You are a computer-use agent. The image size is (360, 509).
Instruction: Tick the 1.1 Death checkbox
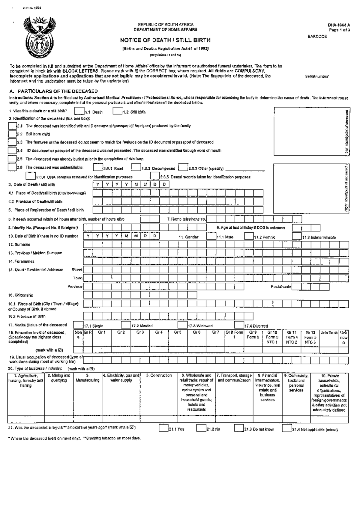pos(79,112)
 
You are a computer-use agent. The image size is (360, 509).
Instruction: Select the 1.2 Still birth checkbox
pos(117,112)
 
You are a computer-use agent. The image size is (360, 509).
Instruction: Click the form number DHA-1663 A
pos(339,25)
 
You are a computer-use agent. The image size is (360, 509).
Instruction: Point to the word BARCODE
pos(317,37)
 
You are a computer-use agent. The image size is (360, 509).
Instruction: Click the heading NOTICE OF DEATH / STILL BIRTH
pos(165,40)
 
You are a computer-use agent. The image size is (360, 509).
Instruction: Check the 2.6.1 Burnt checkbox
pos(98,167)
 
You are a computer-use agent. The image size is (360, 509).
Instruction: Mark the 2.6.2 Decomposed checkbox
pos(136,167)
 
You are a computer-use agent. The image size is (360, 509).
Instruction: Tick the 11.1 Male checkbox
pos(211,236)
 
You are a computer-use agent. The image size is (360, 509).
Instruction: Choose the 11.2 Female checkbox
pos(249,236)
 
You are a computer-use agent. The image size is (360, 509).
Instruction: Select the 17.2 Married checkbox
pos(126,325)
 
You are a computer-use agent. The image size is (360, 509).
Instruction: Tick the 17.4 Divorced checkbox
pos(239,325)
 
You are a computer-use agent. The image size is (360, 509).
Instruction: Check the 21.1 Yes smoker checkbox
pos(163,428)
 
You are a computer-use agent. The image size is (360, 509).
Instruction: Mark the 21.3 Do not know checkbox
pos(239,428)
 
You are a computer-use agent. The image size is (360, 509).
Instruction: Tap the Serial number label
pos(317,76)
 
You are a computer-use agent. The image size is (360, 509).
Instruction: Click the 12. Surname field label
pos(19,245)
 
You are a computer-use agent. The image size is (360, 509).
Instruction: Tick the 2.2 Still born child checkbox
pos(12,134)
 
